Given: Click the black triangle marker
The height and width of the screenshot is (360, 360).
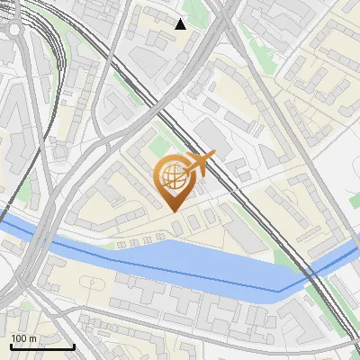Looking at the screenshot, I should click(181, 23).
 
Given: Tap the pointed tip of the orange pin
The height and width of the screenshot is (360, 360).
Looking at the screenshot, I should click(172, 211).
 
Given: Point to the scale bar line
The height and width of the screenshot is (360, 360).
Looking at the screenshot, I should click(42, 346).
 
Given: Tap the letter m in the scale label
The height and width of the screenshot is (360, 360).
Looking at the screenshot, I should click(32, 338).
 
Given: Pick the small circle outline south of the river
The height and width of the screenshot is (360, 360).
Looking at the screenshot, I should click(94, 285).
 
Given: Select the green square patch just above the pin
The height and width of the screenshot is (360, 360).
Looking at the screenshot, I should click(159, 145).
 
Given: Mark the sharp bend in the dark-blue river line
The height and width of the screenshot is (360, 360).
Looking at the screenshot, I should click(278, 291).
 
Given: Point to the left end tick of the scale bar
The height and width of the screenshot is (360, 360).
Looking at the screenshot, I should click(11, 346).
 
